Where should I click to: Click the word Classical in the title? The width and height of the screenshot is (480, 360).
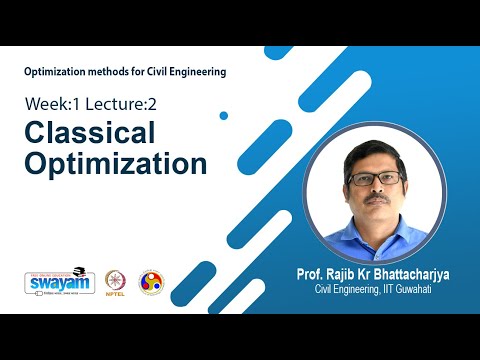coord(90,133)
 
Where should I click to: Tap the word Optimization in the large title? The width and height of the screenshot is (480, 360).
coord(116,163)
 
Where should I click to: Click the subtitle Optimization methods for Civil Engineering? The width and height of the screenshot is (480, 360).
coord(126,71)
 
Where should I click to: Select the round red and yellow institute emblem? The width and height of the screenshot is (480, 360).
coord(151,282)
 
